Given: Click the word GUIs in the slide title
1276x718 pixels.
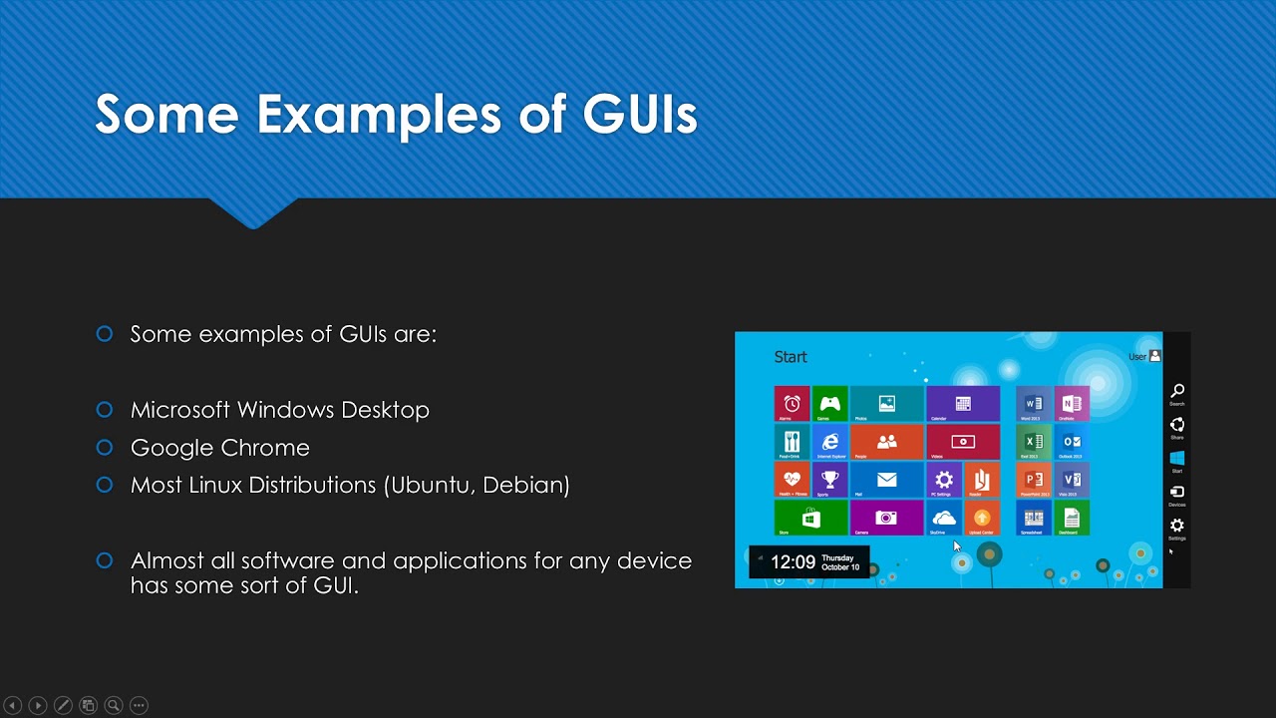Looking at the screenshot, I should [639, 114].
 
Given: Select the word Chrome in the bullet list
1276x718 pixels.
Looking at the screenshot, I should [269, 448].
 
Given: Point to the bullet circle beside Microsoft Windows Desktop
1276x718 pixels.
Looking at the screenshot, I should [105, 409].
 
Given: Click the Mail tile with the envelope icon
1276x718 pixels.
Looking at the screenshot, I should [886, 480].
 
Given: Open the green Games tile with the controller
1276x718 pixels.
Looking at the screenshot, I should [829, 404].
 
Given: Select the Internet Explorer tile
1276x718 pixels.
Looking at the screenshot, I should [829, 442].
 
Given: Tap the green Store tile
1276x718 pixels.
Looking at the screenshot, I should [810, 519].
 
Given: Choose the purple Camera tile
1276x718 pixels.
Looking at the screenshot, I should [886, 519].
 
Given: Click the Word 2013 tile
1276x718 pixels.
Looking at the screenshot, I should [1034, 404].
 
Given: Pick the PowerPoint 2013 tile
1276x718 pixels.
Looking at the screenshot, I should [1034, 480].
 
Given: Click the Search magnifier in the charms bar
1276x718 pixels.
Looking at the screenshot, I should [1177, 391].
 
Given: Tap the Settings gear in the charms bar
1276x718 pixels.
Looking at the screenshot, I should [1177, 526].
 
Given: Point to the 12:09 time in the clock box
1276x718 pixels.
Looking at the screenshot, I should [794, 562].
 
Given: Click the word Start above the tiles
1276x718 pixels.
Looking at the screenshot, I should [791, 357].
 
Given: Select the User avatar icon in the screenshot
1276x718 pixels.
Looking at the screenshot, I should [1154, 356].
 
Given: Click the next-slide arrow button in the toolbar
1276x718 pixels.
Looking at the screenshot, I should [37, 705].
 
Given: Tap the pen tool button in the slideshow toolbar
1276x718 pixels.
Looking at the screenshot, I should [63, 705].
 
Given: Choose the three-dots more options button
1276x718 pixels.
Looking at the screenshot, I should [139, 705].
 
